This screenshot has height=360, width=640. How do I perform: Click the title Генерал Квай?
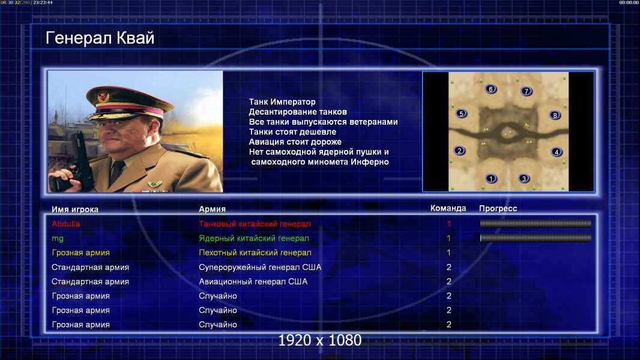100,38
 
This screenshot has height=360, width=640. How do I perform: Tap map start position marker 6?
491,89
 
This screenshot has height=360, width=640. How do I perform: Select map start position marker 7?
527,91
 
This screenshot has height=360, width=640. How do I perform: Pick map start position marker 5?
461,113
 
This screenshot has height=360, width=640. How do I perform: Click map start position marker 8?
555,115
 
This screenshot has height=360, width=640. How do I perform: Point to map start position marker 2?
459,151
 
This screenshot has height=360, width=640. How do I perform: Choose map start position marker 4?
557,152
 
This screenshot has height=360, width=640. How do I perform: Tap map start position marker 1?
491,178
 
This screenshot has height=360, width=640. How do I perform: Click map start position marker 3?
524,178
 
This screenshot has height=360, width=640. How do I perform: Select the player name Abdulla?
65,224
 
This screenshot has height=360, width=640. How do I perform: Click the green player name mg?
58,239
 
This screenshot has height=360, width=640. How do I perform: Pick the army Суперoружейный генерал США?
260,268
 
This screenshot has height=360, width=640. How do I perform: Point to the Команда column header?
448,208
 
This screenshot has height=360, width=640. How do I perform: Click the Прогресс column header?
498,208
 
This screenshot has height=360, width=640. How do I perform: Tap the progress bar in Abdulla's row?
536,223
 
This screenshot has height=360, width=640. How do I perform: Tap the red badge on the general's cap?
104,96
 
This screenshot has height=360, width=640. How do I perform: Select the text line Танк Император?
282,102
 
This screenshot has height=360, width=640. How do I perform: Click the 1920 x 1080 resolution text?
320,340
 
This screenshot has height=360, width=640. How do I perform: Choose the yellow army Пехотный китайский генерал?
255,253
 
